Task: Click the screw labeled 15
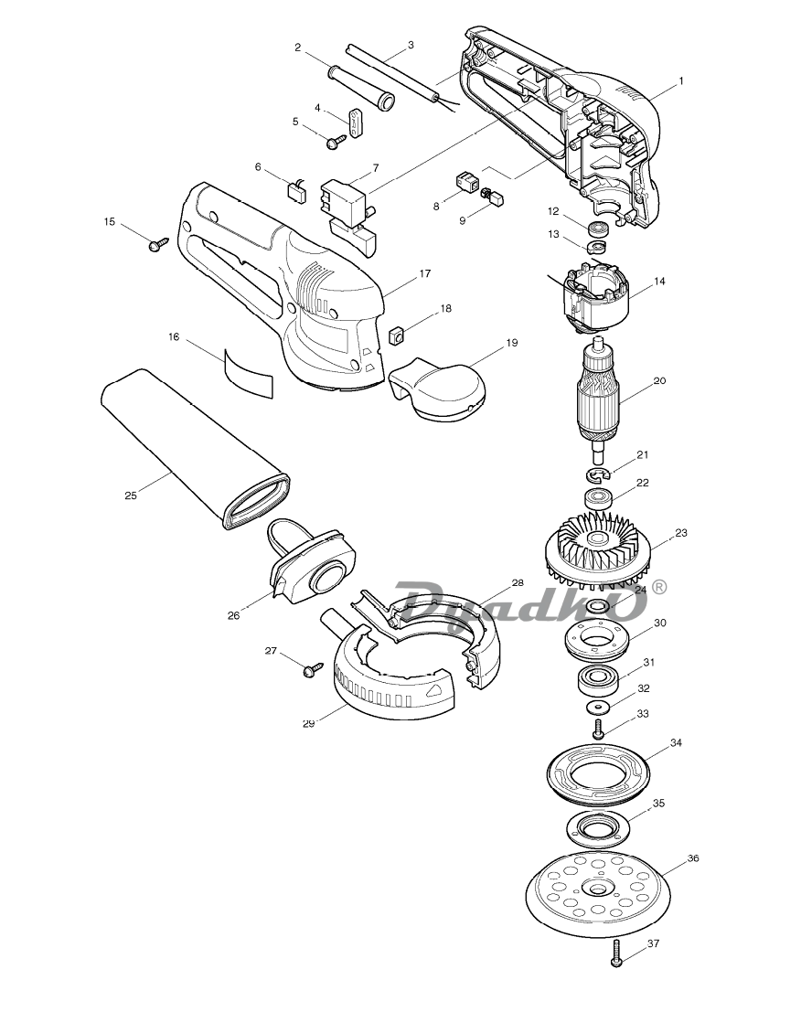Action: tap(157, 244)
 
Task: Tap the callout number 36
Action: tap(692, 858)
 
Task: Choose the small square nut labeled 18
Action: tap(396, 335)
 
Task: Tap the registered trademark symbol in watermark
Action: tap(659, 587)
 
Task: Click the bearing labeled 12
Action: tap(598, 229)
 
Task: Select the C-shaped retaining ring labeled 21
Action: tap(598, 475)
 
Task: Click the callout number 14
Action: tap(659, 282)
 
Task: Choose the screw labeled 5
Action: tap(337, 142)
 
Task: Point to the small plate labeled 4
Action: tap(356, 123)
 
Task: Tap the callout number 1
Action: tap(680, 81)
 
